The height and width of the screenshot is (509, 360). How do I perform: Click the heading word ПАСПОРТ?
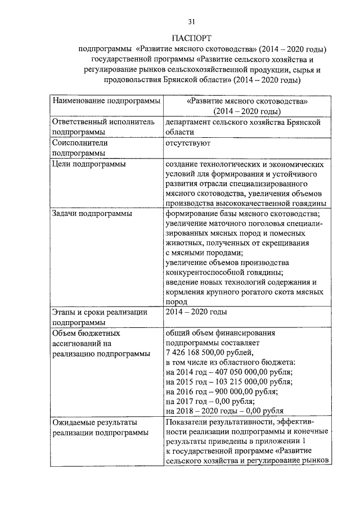(x=191, y=39)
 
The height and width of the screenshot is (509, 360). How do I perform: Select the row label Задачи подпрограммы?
(x=92, y=214)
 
